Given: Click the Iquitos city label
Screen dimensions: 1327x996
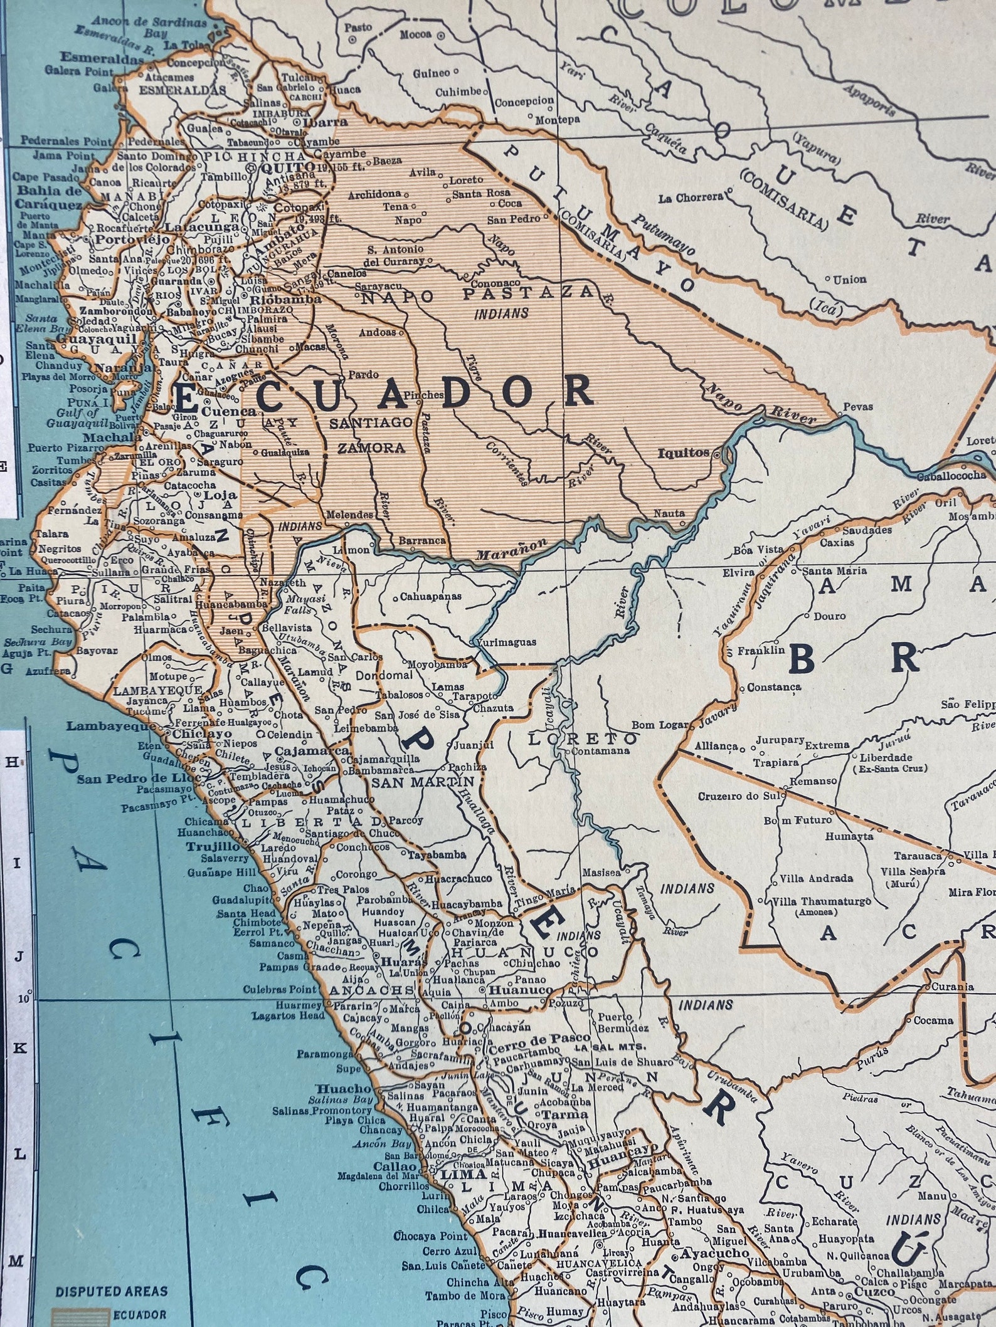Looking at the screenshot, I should pos(682,453).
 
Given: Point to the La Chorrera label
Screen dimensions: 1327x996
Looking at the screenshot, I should pos(690,198).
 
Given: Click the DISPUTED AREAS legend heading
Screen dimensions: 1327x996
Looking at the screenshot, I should pos(111,1291).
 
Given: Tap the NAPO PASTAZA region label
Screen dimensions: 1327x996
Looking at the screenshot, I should pos(477,293).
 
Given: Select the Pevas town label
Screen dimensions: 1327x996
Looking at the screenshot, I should pos(858,406).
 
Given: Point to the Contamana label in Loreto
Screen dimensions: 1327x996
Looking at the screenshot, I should pos(601,750).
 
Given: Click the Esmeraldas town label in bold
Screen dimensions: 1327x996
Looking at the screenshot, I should pos(102,58).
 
